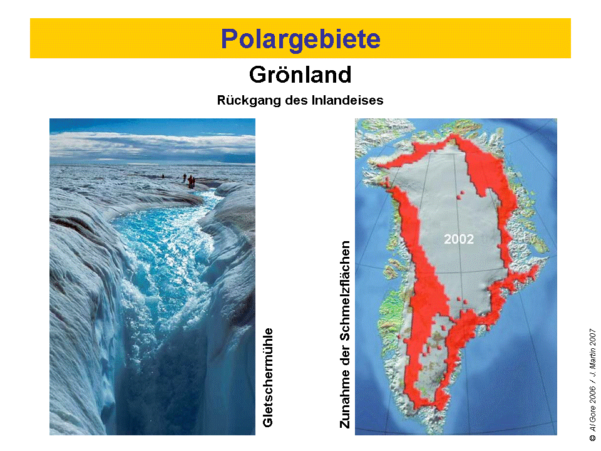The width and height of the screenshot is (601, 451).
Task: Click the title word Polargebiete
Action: [300, 39]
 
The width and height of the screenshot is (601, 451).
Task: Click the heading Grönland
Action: [300, 75]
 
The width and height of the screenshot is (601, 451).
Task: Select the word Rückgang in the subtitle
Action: [249, 100]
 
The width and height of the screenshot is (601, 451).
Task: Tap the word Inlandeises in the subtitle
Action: [347, 100]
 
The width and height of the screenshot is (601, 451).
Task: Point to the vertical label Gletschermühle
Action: [267, 377]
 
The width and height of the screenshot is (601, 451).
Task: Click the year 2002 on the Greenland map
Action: [459, 239]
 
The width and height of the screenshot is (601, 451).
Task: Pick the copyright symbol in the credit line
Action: [592, 438]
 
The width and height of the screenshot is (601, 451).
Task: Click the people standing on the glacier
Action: [190, 181]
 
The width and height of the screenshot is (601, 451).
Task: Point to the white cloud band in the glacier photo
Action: [152, 147]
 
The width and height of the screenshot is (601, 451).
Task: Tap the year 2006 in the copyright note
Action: [592, 395]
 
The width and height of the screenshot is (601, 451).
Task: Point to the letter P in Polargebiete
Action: [229, 39]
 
